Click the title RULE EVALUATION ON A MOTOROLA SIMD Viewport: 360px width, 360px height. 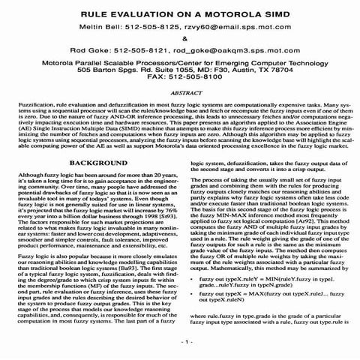coord(180,13)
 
